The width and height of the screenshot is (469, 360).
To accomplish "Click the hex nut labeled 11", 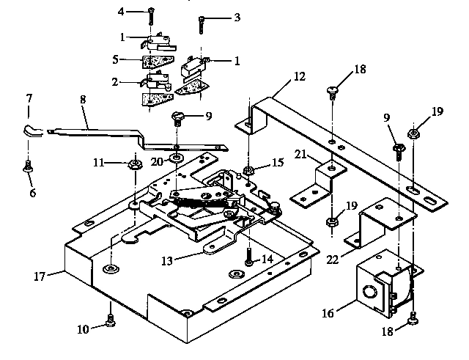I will pyautogui.click(x=135, y=163).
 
